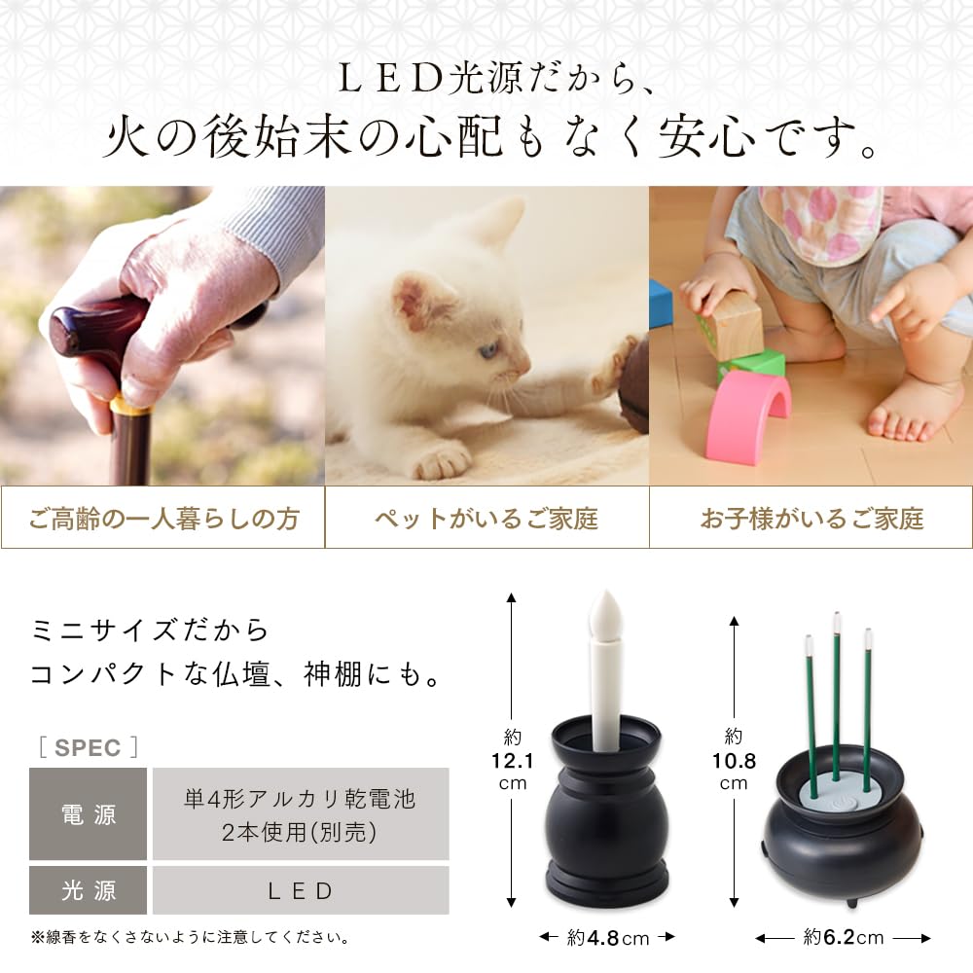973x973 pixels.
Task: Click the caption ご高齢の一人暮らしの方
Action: point(162,519)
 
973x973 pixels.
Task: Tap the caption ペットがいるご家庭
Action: point(486,519)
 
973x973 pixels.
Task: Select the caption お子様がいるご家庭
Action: point(811,519)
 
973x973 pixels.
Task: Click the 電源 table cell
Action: point(88,813)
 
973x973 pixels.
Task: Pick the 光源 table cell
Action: point(88,890)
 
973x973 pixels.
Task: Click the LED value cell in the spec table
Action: point(301,890)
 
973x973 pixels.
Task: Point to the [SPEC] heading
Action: point(89,747)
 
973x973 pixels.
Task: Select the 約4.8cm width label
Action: point(607,937)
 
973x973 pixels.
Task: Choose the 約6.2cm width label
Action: point(843,937)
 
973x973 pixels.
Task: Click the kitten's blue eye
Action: point(488,348)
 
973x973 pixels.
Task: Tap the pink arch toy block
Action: point(748,414)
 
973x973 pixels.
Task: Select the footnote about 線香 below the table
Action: point(190,938)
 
